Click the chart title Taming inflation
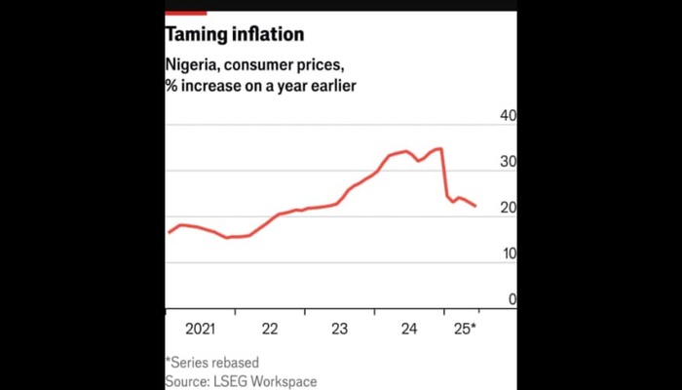click(234, 35)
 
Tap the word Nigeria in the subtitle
click(193, 65)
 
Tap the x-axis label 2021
click(200, 329)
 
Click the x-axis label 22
click(270, 329)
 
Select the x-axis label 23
click(340, 329)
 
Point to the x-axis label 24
click(409, 329)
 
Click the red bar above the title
click(185, 13)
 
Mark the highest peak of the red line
click(440, 148)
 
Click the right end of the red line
click(475, 206)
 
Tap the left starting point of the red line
click(169, 232)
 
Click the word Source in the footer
click(186, 381)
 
